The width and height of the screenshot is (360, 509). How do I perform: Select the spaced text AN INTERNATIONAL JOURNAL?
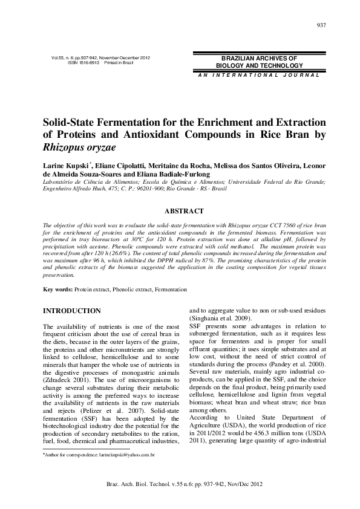tap(249, 74)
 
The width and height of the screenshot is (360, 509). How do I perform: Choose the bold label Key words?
tap(57, 290)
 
